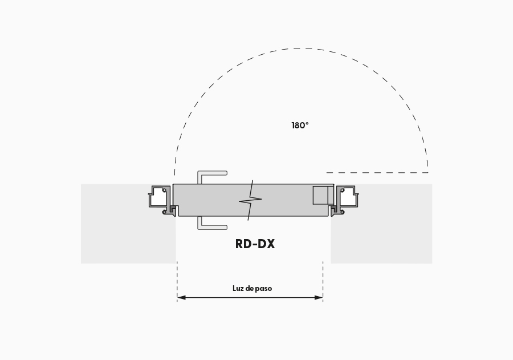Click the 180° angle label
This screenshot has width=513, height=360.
click(300, 126)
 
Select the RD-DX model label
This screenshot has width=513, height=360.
click(255, 244)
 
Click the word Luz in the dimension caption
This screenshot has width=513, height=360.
click(238, 288)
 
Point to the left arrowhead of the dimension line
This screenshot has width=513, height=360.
click(181, 297)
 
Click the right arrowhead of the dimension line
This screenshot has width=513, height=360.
click(319, 297)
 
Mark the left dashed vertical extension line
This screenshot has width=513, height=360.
click(177, 281)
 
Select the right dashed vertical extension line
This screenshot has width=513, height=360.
click(323, 281)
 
